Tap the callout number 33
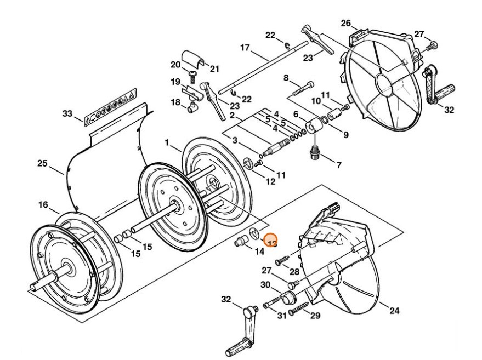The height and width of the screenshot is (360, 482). pyautogui.click(x=67, y=113)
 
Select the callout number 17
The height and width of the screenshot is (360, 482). pyautogui.click(x=245, y=48)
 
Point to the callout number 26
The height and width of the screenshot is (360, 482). pyautogui.click(x=345, y=23)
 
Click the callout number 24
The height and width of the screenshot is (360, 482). pyautogui.click(x=394, y=311)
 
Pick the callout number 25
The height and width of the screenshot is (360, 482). pyautogui.click(x=42, y=163)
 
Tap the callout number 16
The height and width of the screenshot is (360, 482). pyautogui.click(x=44, y=205)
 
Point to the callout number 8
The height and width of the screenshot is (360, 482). pyautogui.click(x=285, y=78)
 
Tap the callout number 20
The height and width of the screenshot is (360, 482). pyautogui.click(x=175, y=65)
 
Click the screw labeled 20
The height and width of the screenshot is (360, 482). pyautogui.click(x=193, y=75)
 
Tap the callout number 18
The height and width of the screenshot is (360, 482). pyautogui.click(x=175, y=102)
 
